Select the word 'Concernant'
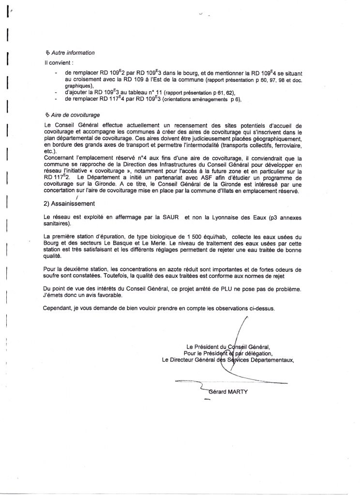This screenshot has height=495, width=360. [60, 158]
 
